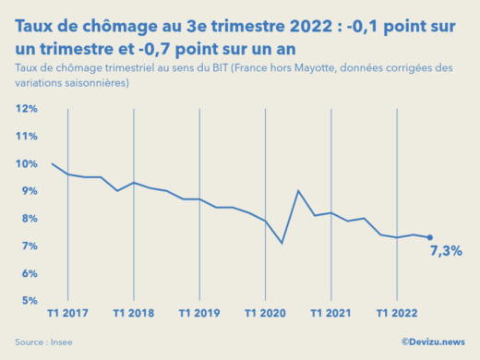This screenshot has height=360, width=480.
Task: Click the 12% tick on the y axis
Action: click(x=26, y=109)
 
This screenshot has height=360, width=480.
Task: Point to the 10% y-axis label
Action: click(x=26, y=164)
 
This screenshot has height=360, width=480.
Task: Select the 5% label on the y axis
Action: click(x=28, y=301)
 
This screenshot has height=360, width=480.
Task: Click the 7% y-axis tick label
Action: click(x=28, y=246)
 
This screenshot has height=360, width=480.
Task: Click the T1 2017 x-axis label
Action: click(x=68, y=314)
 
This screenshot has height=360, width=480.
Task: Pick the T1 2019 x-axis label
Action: click(x=199, y=314)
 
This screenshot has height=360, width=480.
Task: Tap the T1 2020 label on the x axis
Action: click(x=265, y=314)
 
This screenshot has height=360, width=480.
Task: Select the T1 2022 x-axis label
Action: click(x=396, y=314)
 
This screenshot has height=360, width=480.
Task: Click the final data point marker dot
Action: click(x=429, y=237)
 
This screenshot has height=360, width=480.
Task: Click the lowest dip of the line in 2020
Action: click(x=282, y=243)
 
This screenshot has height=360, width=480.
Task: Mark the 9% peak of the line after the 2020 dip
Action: click(x=298, y=191)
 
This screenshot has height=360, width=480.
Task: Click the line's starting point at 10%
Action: click(x=53, y=164)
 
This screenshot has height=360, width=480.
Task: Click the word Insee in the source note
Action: click(x=62, y=342)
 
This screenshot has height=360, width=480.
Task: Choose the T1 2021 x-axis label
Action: click(x=330, y=314)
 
